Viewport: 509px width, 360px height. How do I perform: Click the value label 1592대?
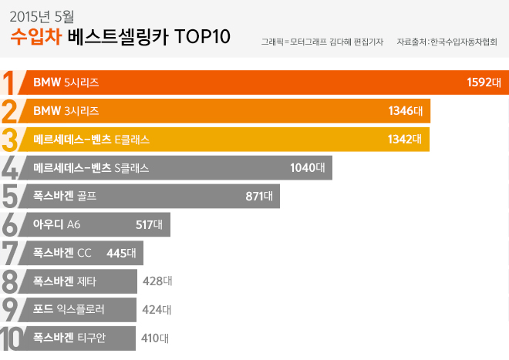(x=484, y=82)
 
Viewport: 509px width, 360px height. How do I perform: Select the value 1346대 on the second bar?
(x=405, y=110)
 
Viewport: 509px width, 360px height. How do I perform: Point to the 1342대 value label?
(x=405, y=139)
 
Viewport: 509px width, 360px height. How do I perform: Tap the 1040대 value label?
(x=307, y=167)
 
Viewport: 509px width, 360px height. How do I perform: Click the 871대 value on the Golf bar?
(x=259, y=196)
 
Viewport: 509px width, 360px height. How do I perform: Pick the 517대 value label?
(x=149, y=224)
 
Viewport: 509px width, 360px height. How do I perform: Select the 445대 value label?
(x=121, y=252)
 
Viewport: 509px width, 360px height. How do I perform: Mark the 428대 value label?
(x=157, y=281)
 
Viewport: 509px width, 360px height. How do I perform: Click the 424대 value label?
(x=157, y=309)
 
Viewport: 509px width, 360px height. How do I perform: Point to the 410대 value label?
(x=155, y=338)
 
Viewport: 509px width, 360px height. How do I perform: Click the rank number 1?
(x=10, y=83)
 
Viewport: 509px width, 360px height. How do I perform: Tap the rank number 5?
(x=12, y=197)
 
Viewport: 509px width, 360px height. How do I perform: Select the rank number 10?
(x=12, y=338)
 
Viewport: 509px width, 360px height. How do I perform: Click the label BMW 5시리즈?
(x=66, y=82)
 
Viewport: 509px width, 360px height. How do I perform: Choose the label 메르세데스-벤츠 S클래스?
(x=91, y=167)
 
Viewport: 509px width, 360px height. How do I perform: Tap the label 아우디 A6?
(x=57, y=224)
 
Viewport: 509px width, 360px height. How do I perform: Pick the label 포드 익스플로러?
(x=69, y=309)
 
